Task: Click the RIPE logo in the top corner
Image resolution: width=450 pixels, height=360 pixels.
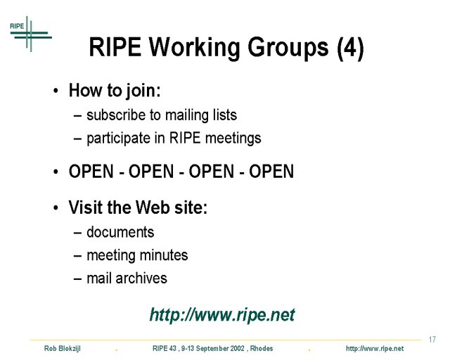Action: point(31,34)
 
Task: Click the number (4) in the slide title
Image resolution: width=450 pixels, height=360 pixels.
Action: point(350,48)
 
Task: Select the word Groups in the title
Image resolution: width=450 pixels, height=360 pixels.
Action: point(288,48)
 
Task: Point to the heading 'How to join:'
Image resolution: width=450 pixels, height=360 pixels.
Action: point(115,91)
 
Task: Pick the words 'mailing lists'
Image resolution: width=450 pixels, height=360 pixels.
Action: point(201,115)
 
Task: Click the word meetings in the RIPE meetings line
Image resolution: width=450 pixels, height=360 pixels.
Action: point(233,139)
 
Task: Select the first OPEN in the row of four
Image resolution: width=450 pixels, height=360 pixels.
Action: point(91,172)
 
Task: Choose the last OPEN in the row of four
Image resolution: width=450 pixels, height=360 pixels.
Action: point(271,172)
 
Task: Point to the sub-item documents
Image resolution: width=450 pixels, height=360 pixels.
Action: point(120,232)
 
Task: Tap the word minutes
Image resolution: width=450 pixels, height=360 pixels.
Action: point(164,255)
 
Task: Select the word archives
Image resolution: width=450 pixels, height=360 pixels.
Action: point(141,278)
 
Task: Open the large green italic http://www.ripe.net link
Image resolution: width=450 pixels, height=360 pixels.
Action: point(222,315)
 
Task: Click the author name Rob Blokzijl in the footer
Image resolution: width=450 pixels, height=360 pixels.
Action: point(63,349)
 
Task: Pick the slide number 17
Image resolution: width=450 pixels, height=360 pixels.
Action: point(432,340)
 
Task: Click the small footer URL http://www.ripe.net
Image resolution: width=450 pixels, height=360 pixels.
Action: point(375,349)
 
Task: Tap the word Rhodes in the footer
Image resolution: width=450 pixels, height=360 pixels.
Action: point(262,349)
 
